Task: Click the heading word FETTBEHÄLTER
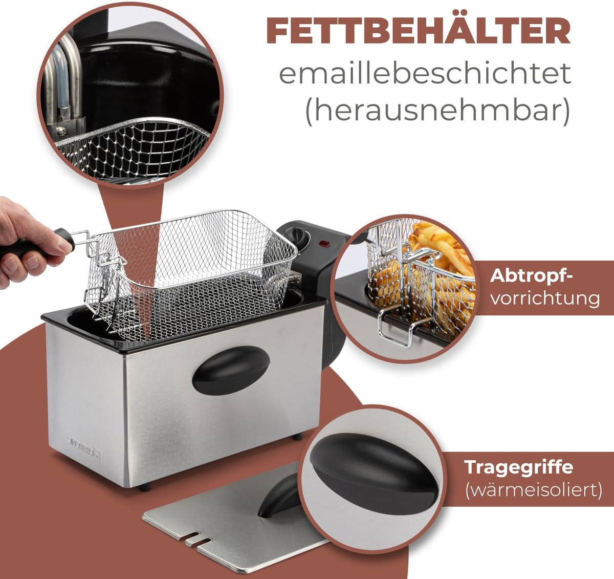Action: pyautogui.click(x=419, y=32)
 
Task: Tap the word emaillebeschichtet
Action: pyautogui.click(x=425, y=73)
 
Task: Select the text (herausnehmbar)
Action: pyautogui.click(x=437, y=111)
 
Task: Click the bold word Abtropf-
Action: pyautogui.click(x=531, y=276)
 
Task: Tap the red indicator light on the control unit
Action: pyautogui.click(x=324, y=244)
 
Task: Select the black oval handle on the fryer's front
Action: pyautogui.click(x=231, y=370)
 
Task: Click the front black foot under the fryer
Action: pyautogui.click(x=145, y=487)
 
